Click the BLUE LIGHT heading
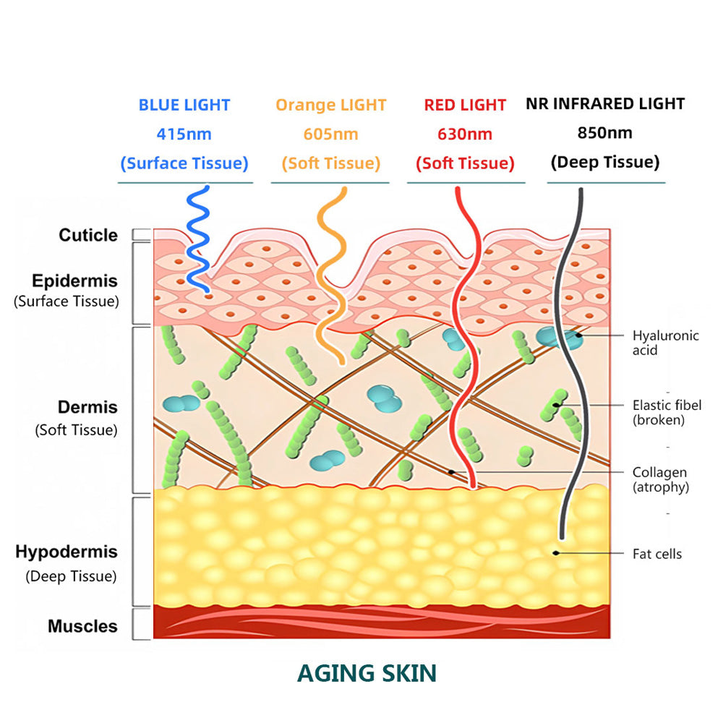[184, 105]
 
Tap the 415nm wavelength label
[184, 134]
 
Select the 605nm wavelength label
[330, 134]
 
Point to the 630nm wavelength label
[465, 134]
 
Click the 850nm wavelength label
[604, 132]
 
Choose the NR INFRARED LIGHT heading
[605, 103]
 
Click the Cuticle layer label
[88, 235]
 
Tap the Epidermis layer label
[74, 281]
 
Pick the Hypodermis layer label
[67, 552]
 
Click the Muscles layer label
[82, 626]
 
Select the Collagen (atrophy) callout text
[660, 479]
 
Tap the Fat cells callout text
[657, 554]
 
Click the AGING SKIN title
[367, 673]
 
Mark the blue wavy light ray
[197, 239]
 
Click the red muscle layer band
[382, 623]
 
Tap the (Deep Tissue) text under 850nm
[605, 162]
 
